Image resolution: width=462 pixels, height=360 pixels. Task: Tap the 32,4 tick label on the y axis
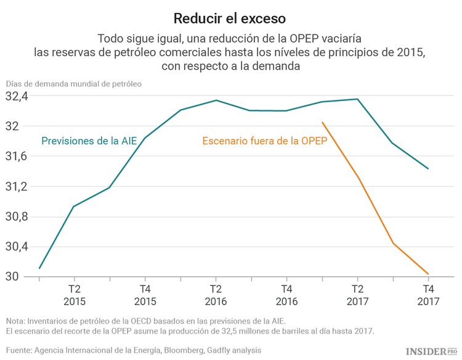17,97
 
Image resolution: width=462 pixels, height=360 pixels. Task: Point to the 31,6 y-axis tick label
17,157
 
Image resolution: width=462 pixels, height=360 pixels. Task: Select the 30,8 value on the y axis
17,217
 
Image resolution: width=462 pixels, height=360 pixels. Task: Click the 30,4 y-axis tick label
17,247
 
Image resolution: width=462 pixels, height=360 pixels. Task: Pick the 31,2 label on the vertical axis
17,187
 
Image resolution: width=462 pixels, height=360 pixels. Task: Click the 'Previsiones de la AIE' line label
89,141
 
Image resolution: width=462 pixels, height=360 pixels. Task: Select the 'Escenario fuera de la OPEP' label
264,141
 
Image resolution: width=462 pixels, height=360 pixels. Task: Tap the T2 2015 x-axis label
74,295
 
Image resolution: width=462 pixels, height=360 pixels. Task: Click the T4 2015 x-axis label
145,295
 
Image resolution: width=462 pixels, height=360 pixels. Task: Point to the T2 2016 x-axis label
216,295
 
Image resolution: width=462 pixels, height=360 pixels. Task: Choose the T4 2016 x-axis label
286,295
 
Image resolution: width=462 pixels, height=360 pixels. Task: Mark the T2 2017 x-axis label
357,295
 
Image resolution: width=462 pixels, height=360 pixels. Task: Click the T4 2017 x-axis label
428,295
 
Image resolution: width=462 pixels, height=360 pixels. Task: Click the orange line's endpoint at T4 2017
428,274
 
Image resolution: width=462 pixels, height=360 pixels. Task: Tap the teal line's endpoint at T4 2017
428,168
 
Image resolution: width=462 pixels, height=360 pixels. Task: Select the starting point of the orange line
322,122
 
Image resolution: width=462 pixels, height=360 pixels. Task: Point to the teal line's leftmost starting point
39,268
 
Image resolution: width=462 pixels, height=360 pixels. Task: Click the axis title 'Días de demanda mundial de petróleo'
74,83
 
